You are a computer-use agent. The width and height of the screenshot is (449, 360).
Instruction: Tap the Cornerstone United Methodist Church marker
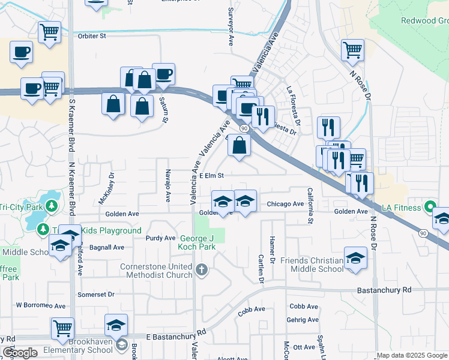point(202,270)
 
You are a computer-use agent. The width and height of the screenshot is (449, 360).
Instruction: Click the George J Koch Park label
point(197,242)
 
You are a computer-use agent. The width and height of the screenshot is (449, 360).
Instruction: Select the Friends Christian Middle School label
point(307,264)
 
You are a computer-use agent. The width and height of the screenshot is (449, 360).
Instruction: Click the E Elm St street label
point(211,176)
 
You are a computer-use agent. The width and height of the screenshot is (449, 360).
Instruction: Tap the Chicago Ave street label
point(285,204)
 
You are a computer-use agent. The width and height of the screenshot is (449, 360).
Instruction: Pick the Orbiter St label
point(92,36)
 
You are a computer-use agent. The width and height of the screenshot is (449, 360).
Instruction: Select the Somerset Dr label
point(95,295)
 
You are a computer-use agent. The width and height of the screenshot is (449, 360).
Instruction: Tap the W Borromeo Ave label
point(40,305)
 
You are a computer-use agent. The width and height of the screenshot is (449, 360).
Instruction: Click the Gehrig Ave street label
point(303,320)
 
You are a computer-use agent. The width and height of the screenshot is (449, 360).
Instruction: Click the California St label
point(310,205)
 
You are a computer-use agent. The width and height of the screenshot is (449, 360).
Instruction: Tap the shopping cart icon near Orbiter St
point(49,32)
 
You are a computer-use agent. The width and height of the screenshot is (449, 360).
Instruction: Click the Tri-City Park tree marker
point(52,206)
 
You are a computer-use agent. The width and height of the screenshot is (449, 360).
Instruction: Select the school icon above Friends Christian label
point(355,259)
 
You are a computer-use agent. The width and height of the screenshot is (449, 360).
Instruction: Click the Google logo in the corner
point(20,353)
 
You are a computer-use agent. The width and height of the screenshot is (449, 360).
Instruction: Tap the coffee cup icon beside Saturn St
point(163,74)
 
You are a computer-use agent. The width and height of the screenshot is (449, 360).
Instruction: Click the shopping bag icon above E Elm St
point(239,145)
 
